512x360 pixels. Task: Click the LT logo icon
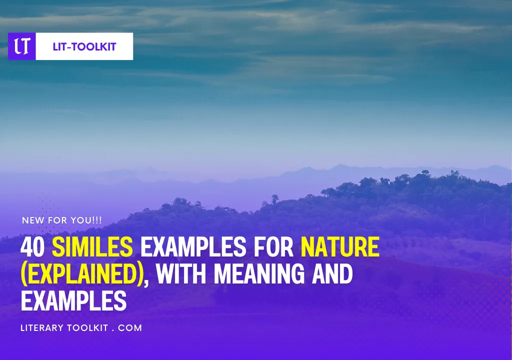point(22,46)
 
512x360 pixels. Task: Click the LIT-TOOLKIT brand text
point(84,46)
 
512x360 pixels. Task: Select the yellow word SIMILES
point(92,247)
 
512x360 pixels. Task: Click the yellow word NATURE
point(340,247)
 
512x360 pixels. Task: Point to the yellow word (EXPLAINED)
point(82,274)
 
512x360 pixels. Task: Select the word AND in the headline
point(332,274)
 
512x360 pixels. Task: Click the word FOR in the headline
point(273,247)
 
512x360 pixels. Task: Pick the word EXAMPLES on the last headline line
point(73,300)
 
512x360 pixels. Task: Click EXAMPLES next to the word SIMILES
point(193,247)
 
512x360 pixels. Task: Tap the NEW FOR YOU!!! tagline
point(62,220)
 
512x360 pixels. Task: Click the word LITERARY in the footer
point(42,328)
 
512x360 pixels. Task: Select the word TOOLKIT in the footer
point(87,328)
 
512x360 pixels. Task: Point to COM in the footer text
point(130,328)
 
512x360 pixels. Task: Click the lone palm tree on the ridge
point(275,198)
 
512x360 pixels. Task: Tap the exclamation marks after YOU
point(97,220)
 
